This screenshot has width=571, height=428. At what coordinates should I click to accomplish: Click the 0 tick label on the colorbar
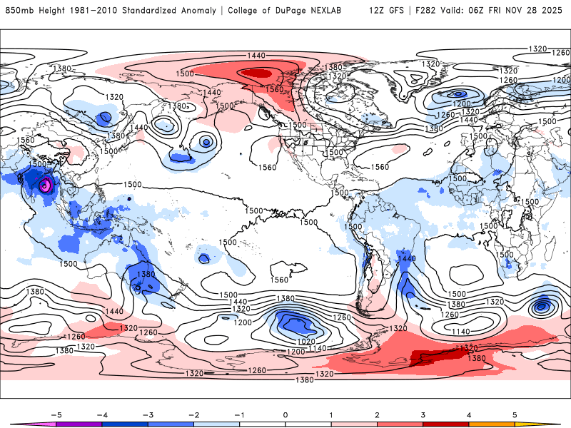[x=285, y=414]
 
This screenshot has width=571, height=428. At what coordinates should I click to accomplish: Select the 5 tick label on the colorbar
[x=515, y=414]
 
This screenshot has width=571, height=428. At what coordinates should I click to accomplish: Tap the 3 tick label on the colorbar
[x=423, y=414]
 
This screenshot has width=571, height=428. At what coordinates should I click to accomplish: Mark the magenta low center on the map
[x=45, y=185]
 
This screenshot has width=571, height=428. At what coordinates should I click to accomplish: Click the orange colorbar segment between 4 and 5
[x=492, y=424]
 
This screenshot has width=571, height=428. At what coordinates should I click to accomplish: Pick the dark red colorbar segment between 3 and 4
[x=445, y=424]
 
